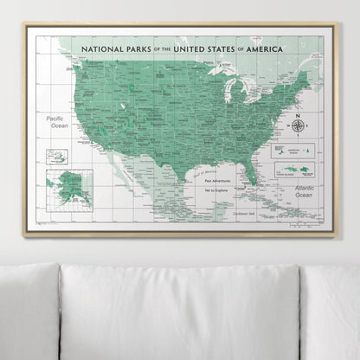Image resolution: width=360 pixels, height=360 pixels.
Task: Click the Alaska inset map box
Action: tap(69, 186)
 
